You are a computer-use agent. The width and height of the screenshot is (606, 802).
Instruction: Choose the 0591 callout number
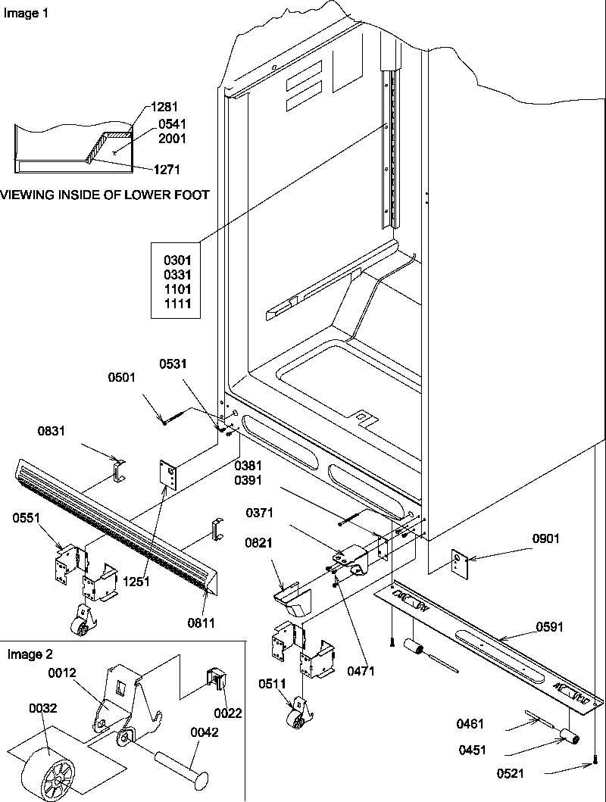point(550,626)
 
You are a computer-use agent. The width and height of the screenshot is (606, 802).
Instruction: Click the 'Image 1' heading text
point(25,14)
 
